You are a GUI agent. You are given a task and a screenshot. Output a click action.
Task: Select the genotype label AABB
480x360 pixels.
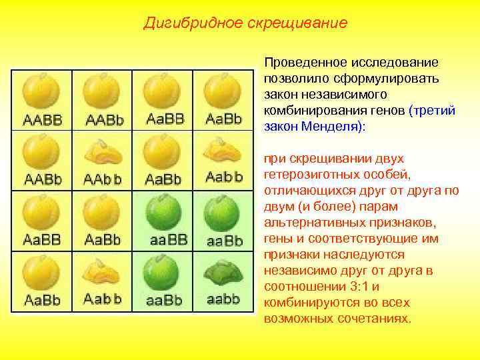pyautogui.click(x=43, y=121)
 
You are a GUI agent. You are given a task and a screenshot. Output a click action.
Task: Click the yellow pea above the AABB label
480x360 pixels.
pyautogui.click(x=42, y=92)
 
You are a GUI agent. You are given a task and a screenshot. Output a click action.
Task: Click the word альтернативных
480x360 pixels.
pyautogui.click(x=308, y=223)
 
